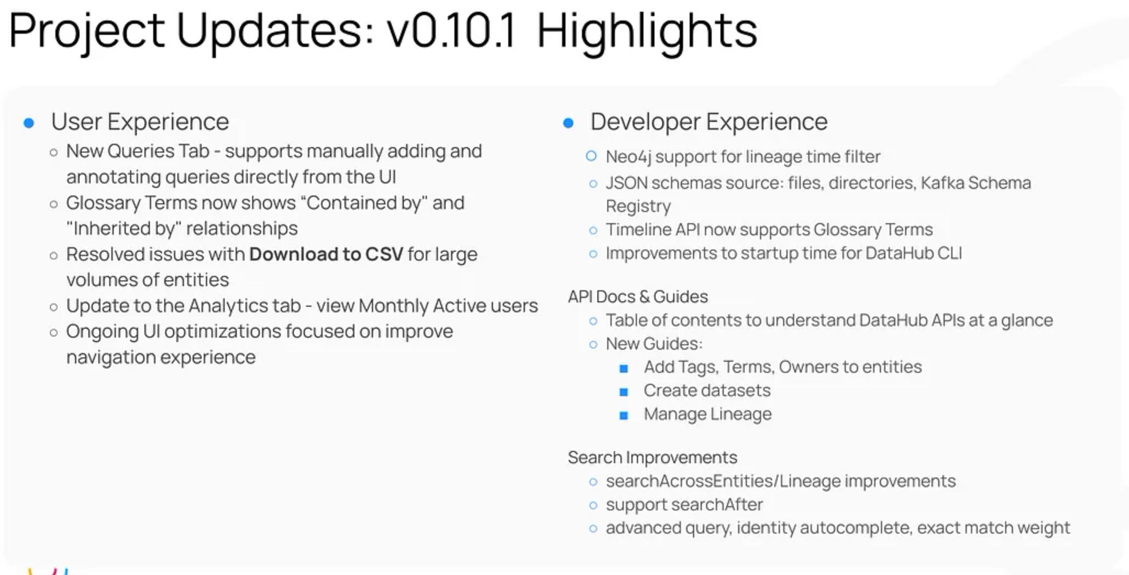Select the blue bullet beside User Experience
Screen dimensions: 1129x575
click(29, 123)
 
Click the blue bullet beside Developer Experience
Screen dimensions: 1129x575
click(568, 123)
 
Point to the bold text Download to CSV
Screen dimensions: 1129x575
click(326, 254)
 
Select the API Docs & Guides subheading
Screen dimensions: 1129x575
click(638, 297)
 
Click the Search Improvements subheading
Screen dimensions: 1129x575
click(652, 458)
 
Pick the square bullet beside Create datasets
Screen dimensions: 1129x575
click(624, 392)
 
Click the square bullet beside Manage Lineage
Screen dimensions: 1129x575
click(624, 416)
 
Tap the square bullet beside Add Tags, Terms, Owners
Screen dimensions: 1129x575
click(624, 368)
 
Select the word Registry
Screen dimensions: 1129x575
click(638, 207)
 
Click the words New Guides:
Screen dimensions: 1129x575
click(654, 344)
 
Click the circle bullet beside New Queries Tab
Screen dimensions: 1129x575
click(54, 153)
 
